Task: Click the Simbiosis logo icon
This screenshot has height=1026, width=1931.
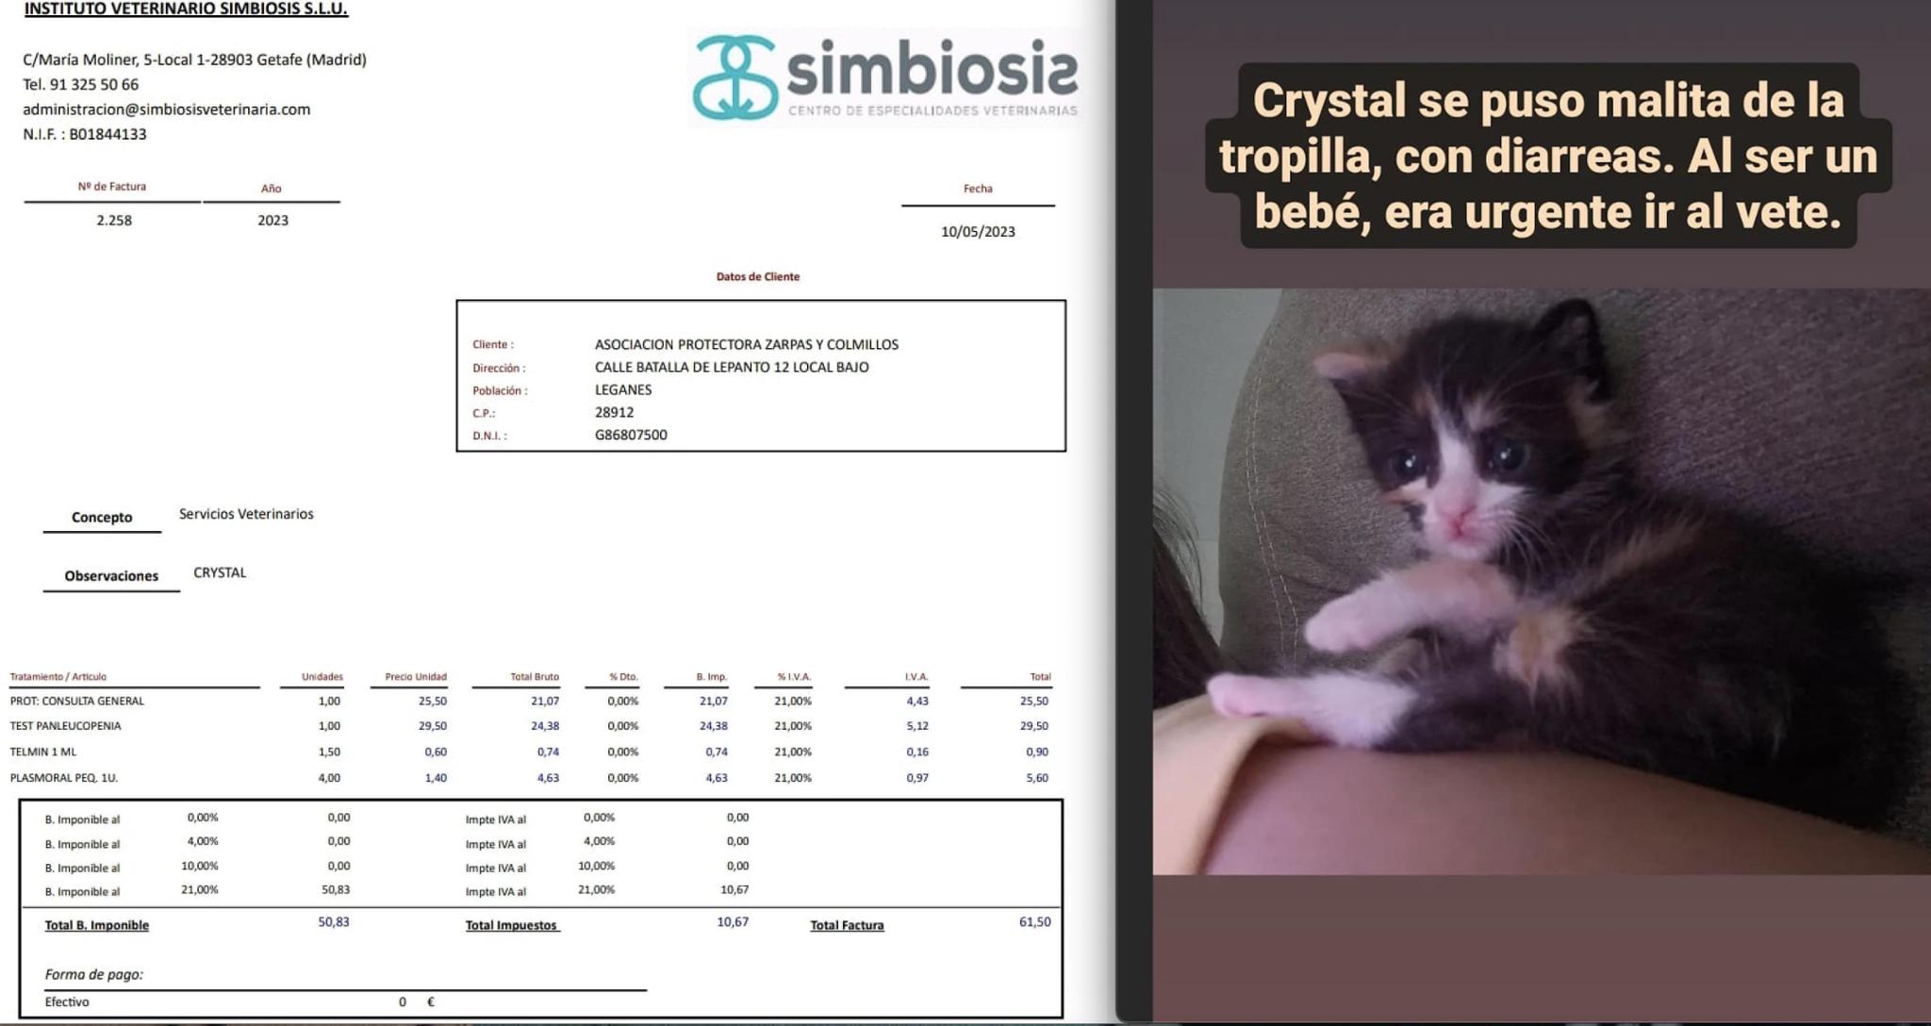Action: click(x=735, y=77)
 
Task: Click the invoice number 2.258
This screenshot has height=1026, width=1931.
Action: click(x=114, y=220)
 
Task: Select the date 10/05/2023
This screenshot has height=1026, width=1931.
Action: click(x=978, y=232)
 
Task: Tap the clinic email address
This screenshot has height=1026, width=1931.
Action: click(x=167, y=109)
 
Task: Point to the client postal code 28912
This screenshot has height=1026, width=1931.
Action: click(x=614, y=412)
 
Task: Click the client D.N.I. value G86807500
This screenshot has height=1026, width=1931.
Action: click(x=631, y=435)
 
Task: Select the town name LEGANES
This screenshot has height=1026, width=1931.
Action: click(x=623, y=389)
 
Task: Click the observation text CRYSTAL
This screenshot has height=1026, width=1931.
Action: click(x=220, y=572)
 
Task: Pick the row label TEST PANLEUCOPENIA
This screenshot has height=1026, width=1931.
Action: click(x=65, y=726)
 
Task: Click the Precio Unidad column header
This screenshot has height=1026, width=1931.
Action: click(x=416, y=677)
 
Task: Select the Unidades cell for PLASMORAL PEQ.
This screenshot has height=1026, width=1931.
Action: click(x=329, y=778)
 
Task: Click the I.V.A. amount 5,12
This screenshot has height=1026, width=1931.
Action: click(x=917, y=726)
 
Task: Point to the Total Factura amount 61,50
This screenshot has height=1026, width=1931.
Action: click(x=1034, y=922)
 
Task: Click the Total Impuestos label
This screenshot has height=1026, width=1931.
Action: click(x=512, y=925)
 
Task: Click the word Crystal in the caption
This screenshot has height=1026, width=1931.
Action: click(x=1329, y=100)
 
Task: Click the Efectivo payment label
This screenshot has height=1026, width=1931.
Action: click(x=67, y=1001)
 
